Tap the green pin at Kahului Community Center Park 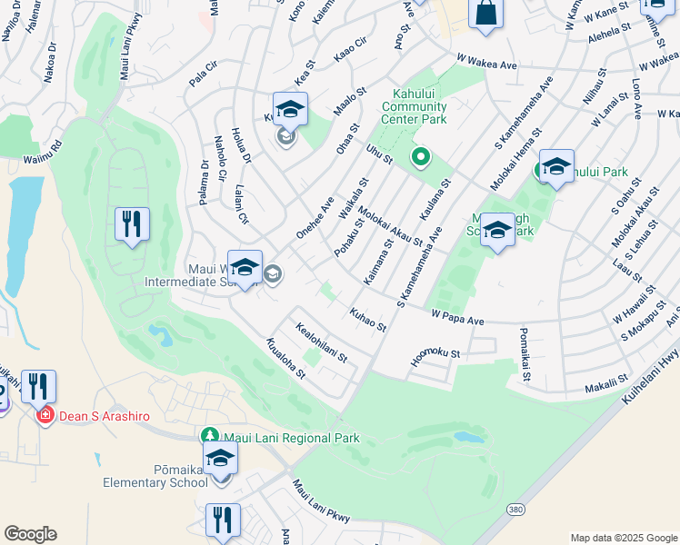point(420,158)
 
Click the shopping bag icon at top point(486,15)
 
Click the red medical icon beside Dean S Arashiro point(44,416)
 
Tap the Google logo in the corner point(30,534)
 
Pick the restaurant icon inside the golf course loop point(132,223)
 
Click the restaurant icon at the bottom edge point(223,520)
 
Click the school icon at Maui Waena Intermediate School point(245,268)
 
